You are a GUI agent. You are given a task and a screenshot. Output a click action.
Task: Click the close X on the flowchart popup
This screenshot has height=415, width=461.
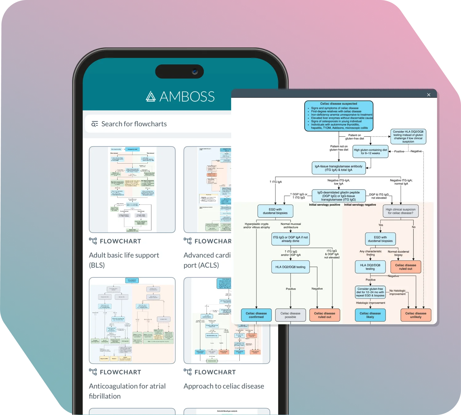[429, 95]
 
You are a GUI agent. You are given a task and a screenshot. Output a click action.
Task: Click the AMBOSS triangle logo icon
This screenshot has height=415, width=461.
[150, 96]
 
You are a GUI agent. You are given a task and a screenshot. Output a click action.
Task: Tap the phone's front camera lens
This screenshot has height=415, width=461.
[195, 72]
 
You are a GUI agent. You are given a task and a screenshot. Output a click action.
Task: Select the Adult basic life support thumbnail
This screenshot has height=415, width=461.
[132, 189]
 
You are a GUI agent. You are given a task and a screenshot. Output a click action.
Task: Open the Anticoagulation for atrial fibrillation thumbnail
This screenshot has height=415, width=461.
[132, 320]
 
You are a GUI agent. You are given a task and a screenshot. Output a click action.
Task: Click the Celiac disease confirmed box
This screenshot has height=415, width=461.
[256, 315]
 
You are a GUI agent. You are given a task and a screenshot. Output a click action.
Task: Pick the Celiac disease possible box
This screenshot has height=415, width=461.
[290, 315]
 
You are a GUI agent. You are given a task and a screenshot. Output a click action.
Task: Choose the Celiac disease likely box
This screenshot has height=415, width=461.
[370, 315]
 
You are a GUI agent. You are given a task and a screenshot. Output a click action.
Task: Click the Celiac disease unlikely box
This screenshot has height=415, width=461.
[416, 315]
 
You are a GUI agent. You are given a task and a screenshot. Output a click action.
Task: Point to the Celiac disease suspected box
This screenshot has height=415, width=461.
[339, 116]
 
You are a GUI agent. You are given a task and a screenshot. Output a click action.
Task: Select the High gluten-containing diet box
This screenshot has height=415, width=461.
[370, 152]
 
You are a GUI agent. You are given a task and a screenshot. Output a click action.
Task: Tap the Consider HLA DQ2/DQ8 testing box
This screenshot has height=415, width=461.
[408, 136]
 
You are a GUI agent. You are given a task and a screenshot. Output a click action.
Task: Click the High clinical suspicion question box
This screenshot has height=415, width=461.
[400, 211]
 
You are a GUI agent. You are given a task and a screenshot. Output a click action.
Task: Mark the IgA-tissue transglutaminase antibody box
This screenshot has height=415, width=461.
[339, 168]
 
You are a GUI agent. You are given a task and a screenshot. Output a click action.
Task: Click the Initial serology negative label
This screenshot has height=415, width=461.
[360, 205]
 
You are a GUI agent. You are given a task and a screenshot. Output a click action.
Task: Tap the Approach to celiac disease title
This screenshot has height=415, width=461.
[224, 386]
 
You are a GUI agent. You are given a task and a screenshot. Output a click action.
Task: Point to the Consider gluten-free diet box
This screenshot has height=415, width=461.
[370, 292]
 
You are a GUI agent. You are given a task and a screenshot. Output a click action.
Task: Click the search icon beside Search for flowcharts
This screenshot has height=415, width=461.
[95, 124]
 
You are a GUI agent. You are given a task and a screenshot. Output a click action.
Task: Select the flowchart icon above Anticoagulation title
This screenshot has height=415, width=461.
[93, 372]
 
